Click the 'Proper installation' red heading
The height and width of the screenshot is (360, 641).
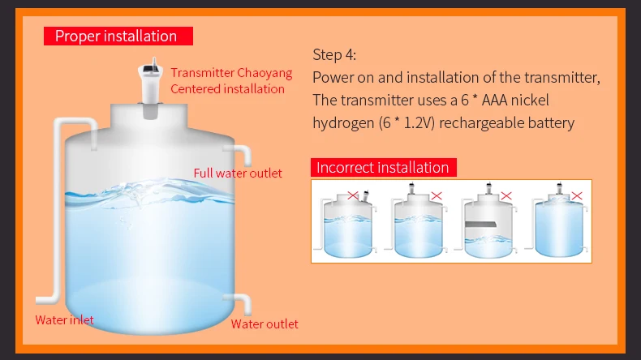(x=116, y=36)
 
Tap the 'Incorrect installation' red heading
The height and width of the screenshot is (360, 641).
(x=382, y=168)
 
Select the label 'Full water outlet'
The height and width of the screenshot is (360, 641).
(x=238, y=173)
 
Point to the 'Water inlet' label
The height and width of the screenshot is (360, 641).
(x=64, y=319)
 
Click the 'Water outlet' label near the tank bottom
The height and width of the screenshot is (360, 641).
(x=265, y=324)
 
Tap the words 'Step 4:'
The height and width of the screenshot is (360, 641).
(x=334, y=55)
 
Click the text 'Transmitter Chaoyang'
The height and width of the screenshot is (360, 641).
(x=231, y=73)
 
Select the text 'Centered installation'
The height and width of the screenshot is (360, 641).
(x=227, y=88)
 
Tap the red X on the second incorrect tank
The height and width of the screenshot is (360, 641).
(x=437, y=195)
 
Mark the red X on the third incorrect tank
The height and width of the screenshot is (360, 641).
(x=506, y=195)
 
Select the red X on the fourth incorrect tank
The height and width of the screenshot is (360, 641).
(x=577, y=195)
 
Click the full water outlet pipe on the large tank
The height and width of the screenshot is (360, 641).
(x=242, y=155)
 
